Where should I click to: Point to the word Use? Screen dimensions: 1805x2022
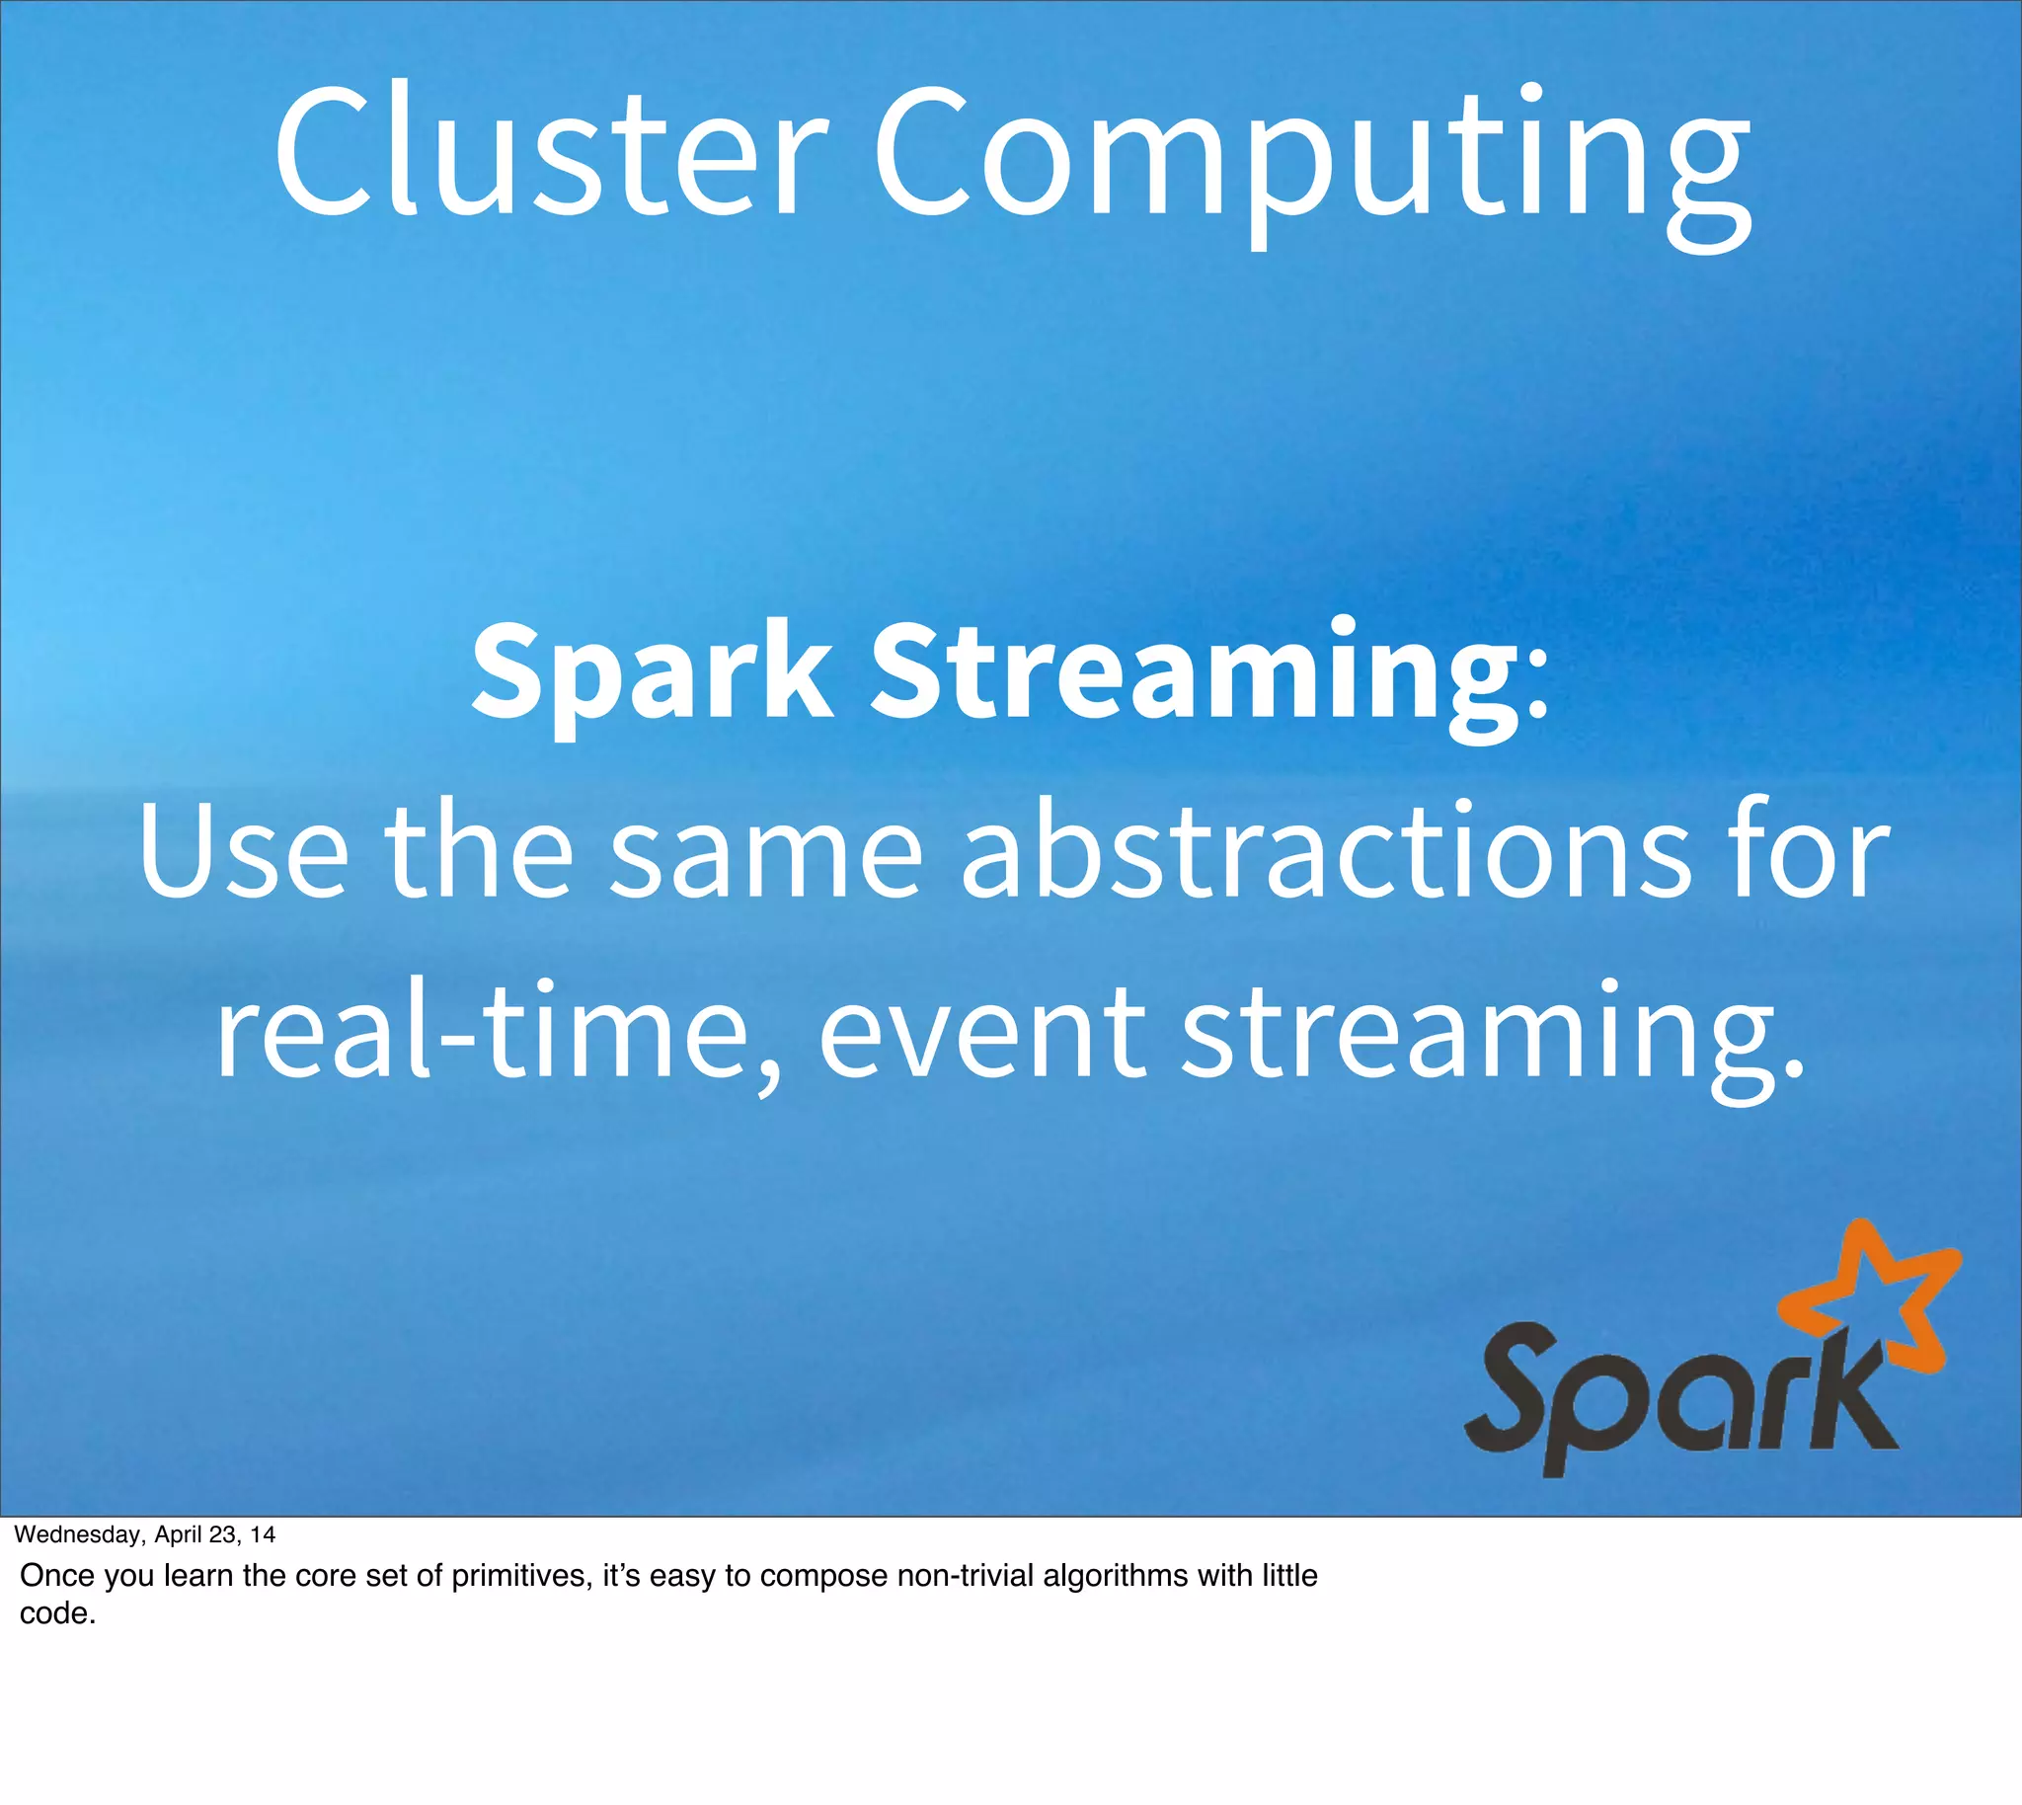coord(244,853)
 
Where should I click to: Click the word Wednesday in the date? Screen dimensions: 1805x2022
coord(78,1535)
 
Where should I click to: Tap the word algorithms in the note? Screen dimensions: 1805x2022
coord(1115,1576)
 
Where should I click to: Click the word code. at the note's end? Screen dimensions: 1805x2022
coord(57,1613)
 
